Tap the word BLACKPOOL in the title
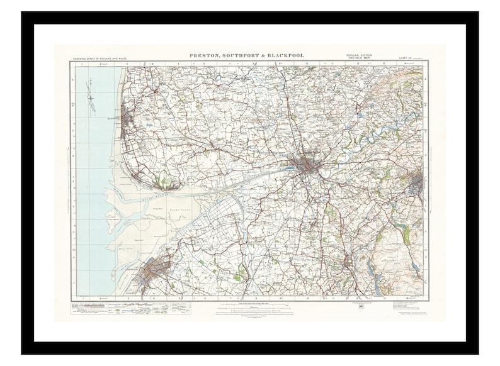285,55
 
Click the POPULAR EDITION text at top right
359,55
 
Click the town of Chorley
347,259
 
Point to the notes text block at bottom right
409,308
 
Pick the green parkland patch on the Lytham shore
163,182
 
